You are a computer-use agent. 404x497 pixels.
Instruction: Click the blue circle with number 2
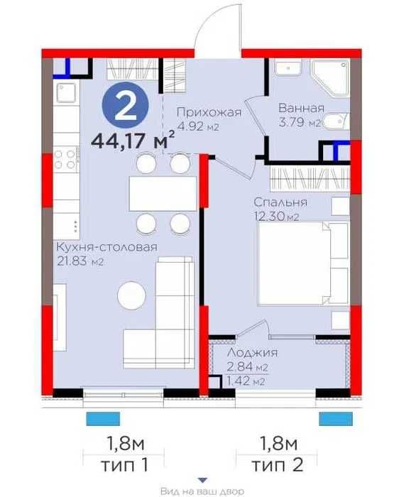[x=125, y=105]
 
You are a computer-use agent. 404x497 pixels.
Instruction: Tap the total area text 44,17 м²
[x=133, y=140]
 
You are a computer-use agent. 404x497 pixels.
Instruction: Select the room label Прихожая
[x=209, y=112]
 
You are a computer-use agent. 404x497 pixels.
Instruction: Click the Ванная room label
[x=301, y=109]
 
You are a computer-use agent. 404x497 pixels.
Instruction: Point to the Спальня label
[x=280, y=202]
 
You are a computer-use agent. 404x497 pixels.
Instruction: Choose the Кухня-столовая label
[x=107, y=247]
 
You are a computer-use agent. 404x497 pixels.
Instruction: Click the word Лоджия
[x=253, y=353]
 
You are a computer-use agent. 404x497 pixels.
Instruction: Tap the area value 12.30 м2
[x=276, y=216]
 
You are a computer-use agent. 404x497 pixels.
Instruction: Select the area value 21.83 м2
[x=80, y=261]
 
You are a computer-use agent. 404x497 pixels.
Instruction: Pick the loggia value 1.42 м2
[x=246, y=381]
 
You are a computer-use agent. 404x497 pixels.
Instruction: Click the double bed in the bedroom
[x=303, y=264]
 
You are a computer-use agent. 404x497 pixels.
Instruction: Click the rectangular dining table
[x=163, y=194]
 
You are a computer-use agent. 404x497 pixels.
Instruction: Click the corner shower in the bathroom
[x=330, y=77]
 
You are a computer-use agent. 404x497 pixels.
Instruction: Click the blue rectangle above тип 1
[x=103, y=419]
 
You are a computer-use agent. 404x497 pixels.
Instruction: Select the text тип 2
[x=277, y=465]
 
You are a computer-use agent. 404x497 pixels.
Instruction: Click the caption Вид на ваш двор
[x=202, y=491]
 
